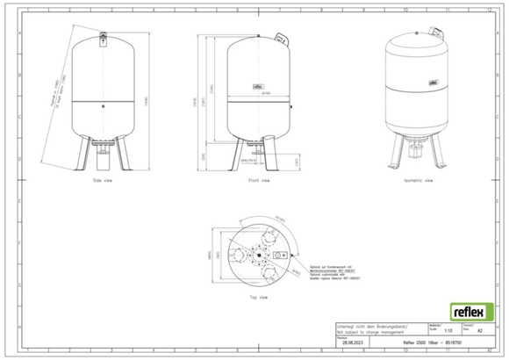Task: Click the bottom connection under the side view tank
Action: tap(104, 156)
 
